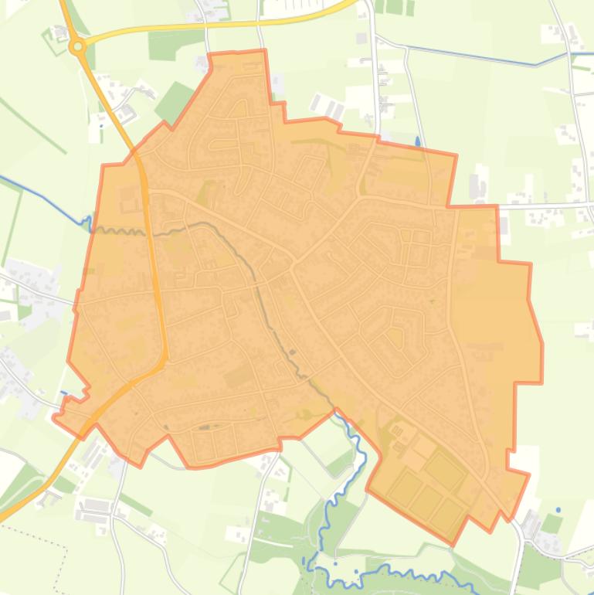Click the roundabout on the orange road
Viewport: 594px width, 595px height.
77,47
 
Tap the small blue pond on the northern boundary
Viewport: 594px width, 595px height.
418,142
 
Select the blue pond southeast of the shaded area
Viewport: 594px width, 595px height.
558,511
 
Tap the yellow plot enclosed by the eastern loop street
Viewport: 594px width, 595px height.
395,337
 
